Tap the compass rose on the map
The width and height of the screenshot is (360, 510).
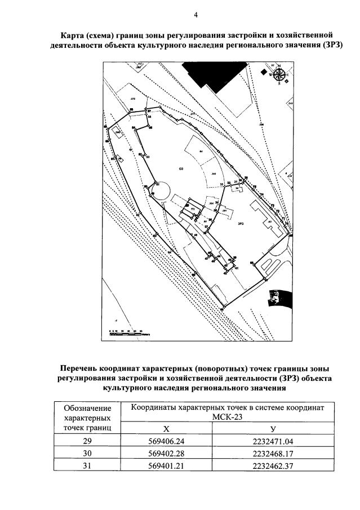[x=278, y=75]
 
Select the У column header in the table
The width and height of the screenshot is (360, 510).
[x=273, y=430]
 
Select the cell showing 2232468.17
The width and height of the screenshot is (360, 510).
[x=273, y=454]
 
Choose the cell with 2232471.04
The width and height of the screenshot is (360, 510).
[x=273, y=442]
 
